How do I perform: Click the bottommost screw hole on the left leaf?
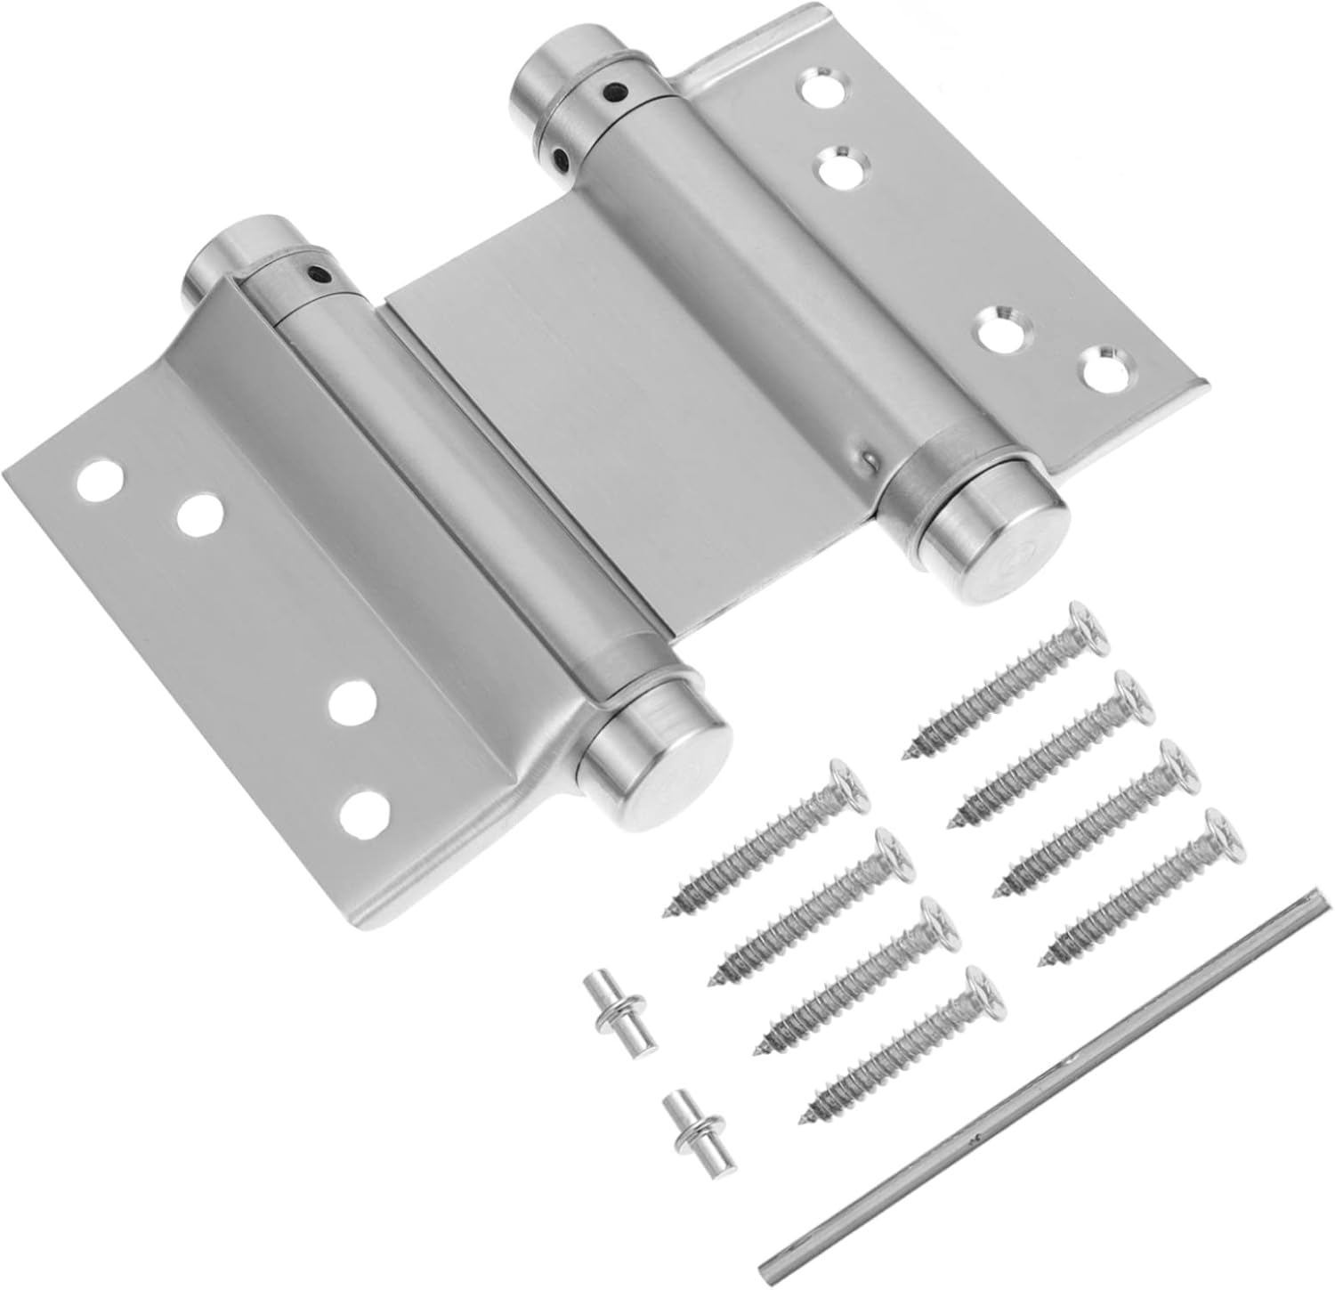point(364,812)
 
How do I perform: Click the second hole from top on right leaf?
point(842,166)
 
